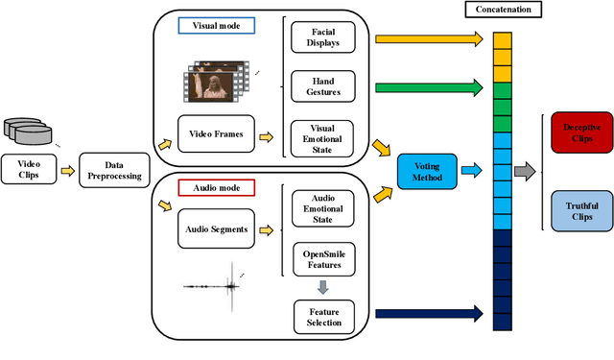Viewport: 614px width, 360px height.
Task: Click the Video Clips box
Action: tap(28, 169)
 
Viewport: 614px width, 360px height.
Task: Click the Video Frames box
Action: tap(217, 135)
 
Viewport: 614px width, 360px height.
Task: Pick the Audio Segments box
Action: tap(217, 229)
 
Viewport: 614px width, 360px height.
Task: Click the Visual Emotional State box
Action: tap(321, 136)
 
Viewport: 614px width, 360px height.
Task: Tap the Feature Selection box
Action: tap(321, 314)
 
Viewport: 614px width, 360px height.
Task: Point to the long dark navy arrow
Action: tap(428, 313)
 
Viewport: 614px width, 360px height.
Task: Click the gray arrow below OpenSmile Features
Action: tap(321, 285)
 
